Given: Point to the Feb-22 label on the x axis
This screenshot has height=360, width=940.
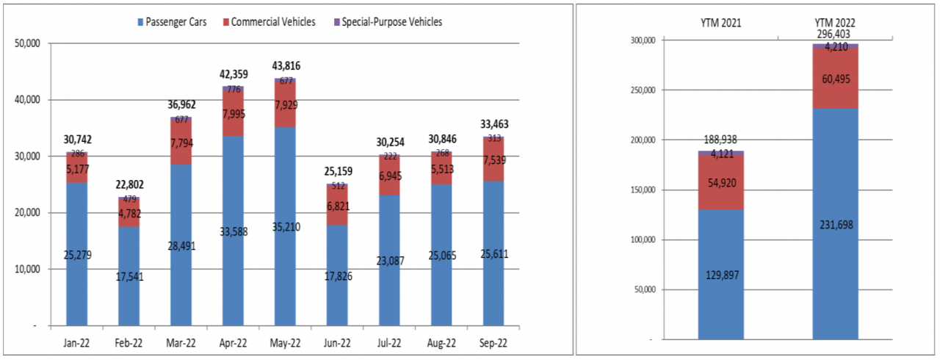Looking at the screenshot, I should pyautogui.click(x=129, y=342).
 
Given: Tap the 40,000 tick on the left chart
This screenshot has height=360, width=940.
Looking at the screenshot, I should pyautogui.click(x=29, y=100).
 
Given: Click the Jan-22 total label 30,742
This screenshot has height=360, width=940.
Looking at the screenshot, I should pyautogui.click(x=77, y=140).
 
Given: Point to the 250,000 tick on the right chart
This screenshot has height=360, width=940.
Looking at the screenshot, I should pyautogui.click(x=643, y=90).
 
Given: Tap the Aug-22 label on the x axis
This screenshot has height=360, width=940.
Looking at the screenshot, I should pyautogui.click(x=441, y=342).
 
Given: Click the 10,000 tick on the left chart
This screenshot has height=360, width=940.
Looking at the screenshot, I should pyautogui.click(x=29, y=270).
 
